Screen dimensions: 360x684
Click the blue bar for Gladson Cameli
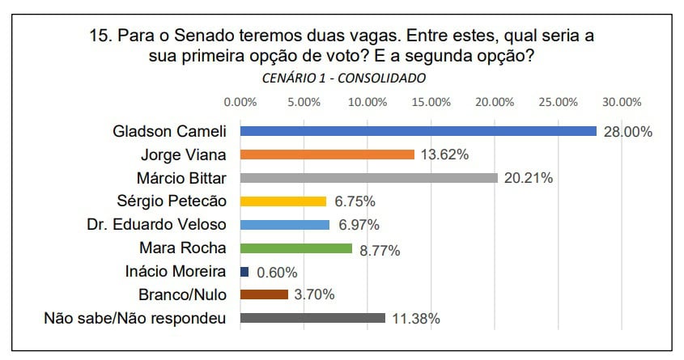[418, 131]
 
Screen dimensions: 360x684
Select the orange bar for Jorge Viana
[327, 155]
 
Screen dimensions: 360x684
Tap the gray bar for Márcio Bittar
[368, 178]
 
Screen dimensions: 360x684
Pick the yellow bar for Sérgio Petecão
[283, 201]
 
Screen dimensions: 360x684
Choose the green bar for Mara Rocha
[296, 248]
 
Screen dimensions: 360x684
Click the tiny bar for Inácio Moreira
[244, 272]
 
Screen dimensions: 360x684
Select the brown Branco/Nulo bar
[264, 294]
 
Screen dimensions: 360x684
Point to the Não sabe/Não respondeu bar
[312, 318]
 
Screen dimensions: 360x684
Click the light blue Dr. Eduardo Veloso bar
[284, 225]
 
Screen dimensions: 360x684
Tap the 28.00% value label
[628, 133]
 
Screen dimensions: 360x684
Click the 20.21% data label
[528, 179]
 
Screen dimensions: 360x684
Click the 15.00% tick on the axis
[431, 102]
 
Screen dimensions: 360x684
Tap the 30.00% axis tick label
[622, 102]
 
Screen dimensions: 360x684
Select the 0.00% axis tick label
[240, 102]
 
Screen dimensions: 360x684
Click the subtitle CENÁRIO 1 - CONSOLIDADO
[344, 78]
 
